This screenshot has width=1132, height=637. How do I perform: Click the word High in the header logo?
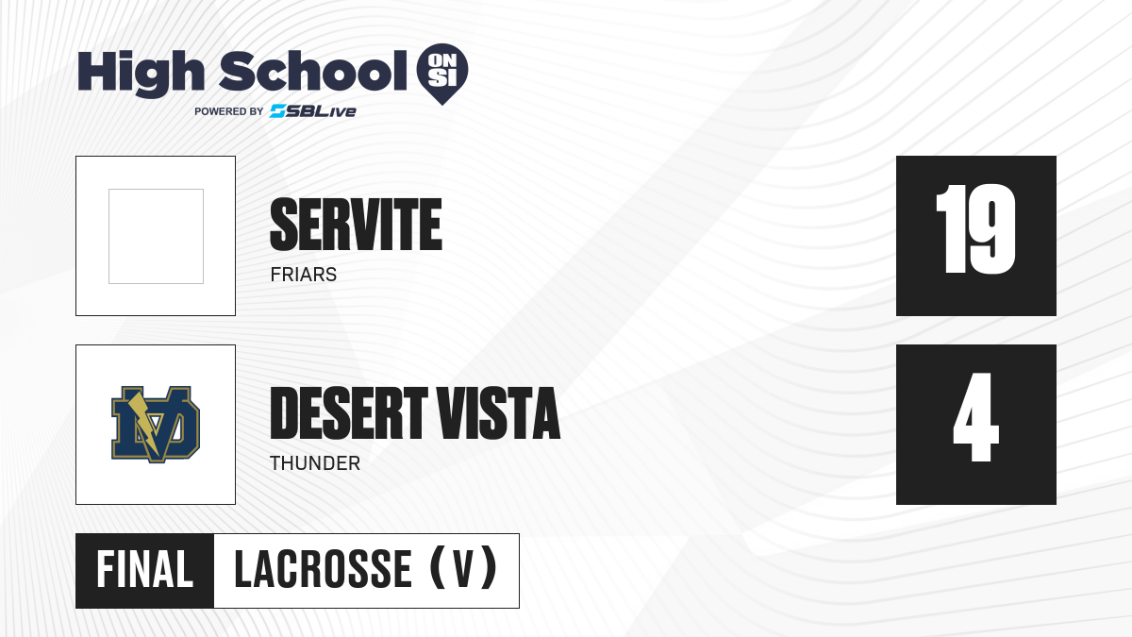(141, 74)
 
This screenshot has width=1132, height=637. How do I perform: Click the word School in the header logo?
(313, 71)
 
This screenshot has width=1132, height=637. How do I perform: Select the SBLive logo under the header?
(313, 111)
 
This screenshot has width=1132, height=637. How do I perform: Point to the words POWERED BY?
(229, 111)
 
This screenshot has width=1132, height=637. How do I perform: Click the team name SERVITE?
(357, 225)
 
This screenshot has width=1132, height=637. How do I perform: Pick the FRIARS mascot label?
(303, 275)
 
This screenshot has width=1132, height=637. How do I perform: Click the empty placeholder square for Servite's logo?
(156, 236)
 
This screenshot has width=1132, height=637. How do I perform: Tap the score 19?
(975, 229)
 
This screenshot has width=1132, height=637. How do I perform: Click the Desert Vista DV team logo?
(156, 425)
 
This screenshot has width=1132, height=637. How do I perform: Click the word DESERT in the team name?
(349, 413)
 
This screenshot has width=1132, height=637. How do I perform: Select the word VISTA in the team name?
(498, 413)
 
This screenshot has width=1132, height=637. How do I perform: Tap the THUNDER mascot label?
(315, 463)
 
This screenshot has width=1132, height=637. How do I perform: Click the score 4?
(975, 417)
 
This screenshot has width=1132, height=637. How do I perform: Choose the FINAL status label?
(145, 570)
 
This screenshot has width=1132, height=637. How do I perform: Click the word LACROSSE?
(324, 570)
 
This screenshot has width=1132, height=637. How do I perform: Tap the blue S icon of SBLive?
(278, 111)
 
